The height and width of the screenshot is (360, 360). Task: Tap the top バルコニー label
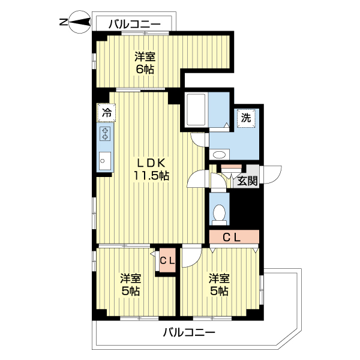(134, 24)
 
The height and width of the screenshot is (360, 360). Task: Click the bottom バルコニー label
(188, 332)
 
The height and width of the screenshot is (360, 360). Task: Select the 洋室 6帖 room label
(145, 63)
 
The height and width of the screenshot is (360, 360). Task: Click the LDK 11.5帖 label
(151, 169)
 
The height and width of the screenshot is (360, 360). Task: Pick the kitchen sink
(104, 160)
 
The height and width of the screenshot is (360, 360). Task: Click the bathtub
(196, 110)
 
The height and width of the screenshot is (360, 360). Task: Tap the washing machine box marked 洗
(246, 118)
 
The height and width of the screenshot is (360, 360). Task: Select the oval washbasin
(220, 155)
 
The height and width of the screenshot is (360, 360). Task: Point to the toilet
(220, 213)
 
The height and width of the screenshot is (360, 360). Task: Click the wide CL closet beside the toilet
(233, 237)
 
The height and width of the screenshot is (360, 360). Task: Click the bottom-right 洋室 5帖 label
(218, 284)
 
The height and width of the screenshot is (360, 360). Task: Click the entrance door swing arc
(274, 175)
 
